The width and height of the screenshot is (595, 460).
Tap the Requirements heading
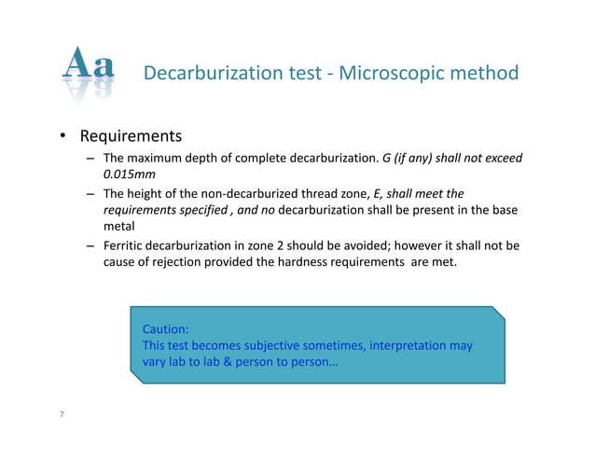point(130,138)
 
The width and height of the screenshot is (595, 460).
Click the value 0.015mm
point(129,174)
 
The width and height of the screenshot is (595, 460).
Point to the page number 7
point(62,413)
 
